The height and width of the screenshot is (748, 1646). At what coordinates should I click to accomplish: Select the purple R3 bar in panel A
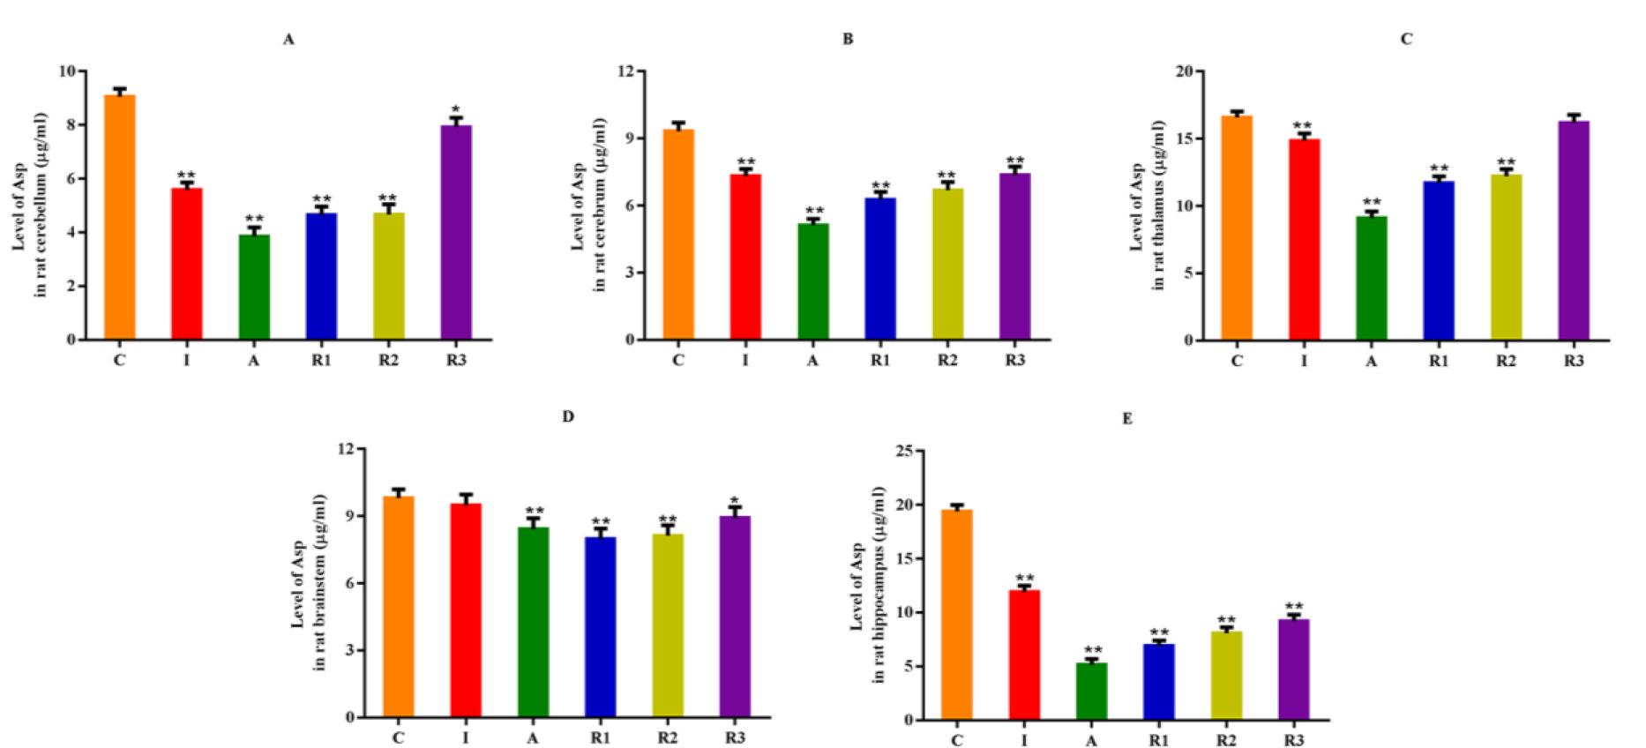[456, 233]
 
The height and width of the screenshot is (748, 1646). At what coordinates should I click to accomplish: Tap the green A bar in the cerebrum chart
[812, 281]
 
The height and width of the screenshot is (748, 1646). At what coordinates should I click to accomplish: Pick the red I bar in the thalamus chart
[1304, 239]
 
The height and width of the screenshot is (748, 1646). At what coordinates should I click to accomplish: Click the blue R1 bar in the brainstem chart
[600, 626]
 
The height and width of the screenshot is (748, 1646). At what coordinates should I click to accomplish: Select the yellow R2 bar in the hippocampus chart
[1226, 675]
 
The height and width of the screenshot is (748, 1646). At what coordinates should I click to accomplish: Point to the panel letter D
[568, 416]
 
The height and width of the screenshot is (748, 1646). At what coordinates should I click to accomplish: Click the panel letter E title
[1126, 418]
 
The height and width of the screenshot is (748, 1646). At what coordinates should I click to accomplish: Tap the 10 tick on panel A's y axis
[67, 71]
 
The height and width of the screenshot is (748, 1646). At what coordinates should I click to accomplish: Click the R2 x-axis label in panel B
[946, 361]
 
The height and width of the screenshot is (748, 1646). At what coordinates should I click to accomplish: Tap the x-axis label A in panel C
[1371, 361]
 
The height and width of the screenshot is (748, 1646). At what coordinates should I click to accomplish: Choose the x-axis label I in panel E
[1024, 741]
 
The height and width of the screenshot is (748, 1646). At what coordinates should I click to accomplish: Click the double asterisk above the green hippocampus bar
[1091, 651]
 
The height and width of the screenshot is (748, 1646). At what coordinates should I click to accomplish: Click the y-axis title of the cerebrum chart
[588, 205]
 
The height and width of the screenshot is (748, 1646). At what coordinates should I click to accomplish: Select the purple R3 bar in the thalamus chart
[1573, 230]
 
